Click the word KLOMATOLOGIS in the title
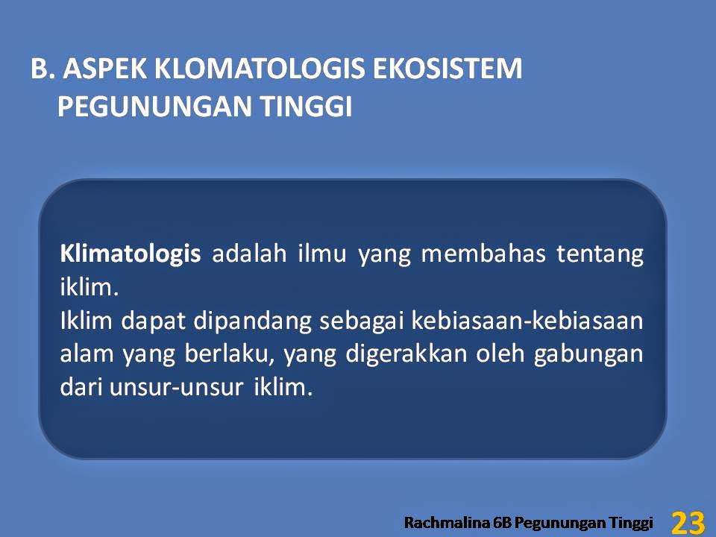point(260,69)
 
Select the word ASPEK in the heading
point(105,69)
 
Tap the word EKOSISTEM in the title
point(447,69)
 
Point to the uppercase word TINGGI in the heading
point(307,107)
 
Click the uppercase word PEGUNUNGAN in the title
point(155,107)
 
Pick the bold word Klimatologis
point(131,254)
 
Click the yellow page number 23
point(688,522)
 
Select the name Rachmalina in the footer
point(446,522)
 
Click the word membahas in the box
point(483,254)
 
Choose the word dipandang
point(253,321)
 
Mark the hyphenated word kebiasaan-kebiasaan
point(527,321)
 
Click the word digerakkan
point(406,354)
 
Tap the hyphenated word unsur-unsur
point(176,388)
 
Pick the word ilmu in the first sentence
point(322,254)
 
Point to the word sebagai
point(361,321)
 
